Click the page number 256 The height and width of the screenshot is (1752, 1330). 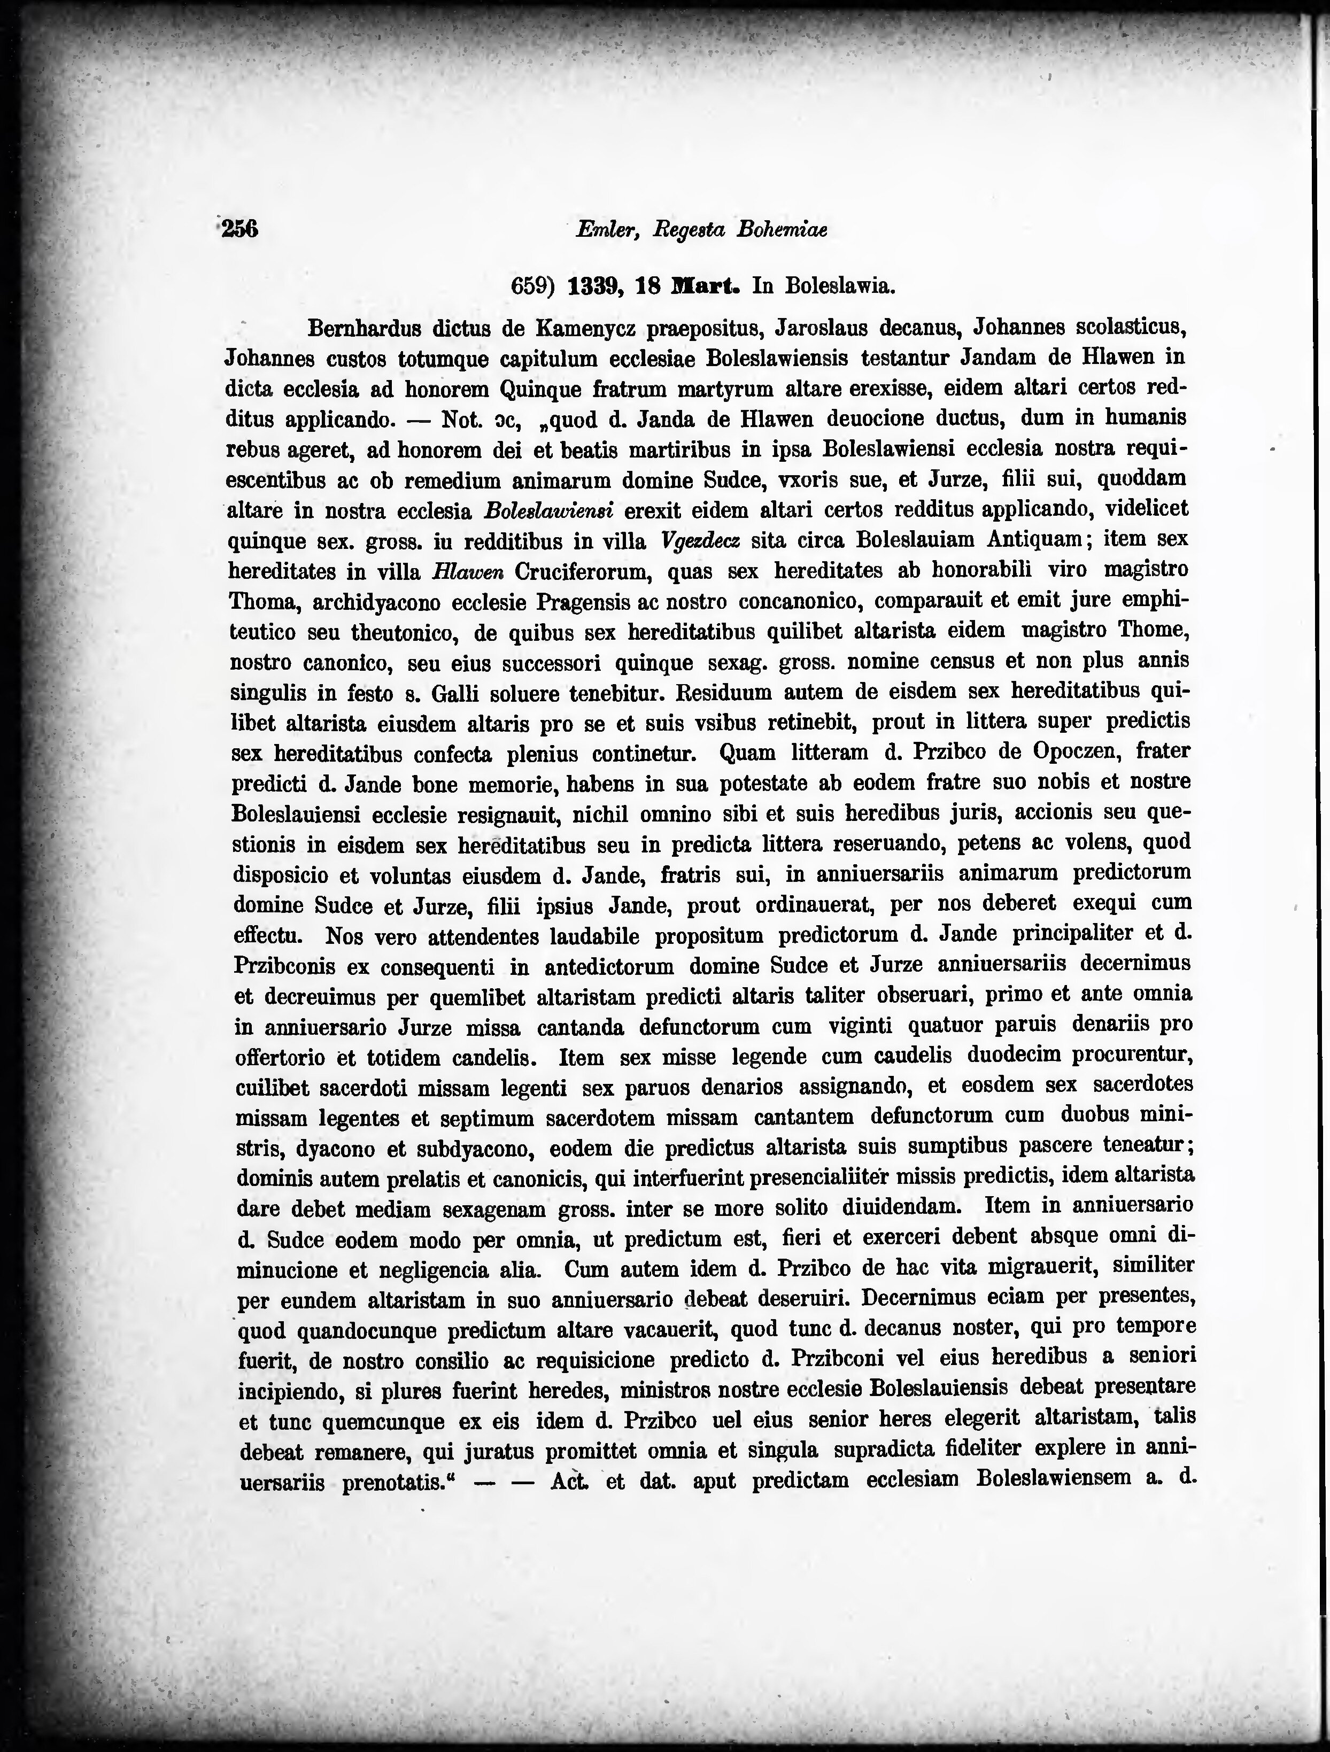click(240, 229)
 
